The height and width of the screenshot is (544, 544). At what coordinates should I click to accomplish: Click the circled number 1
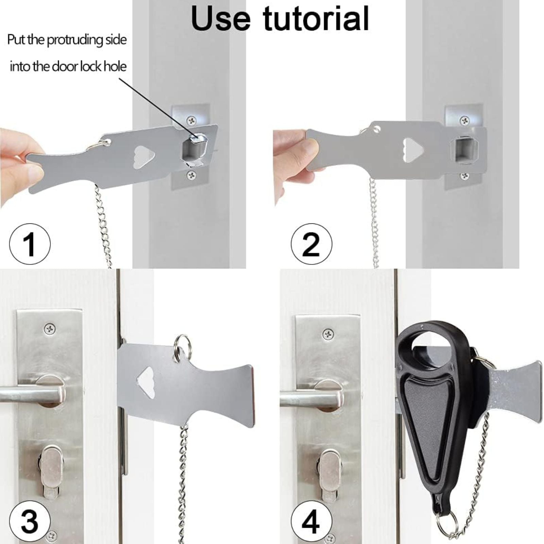[x=30, y=244]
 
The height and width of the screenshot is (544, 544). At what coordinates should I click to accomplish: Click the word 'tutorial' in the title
[x=316, y=18]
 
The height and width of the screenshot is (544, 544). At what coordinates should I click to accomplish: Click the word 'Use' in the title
[x=221, y=18]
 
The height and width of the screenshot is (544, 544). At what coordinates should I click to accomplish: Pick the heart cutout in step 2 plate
[x=412, y=150]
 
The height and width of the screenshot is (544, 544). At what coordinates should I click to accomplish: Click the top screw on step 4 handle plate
[x=328, y=334]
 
